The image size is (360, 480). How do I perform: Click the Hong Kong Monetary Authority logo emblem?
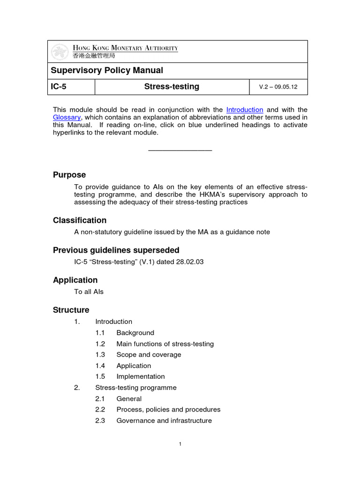pyautogui.click(x=60, y=52)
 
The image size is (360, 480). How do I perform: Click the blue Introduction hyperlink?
pyautogui.click(x=244, y=110)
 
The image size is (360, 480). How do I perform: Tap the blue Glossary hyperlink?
pyautogui.click(x=67, y=117)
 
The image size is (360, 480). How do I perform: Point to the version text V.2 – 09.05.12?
pyautogui.click(x=278, y=87)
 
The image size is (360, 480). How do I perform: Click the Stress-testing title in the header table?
pyautogui.click(x=172, y=87)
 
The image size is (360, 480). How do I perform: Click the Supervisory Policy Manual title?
pyautogui.click(x=107, y=70)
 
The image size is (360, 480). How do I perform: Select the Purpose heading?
pyautogui.click(x=69, y=175)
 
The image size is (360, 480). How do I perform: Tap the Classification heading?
pyautogui.click(x=80, y=220)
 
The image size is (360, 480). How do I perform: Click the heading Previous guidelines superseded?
pyautogui.click(x=116, y=250)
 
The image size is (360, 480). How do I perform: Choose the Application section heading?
pyautogui.click(x=75, y=280)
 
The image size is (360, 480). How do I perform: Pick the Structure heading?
pyautogui.click(x=71, y=310)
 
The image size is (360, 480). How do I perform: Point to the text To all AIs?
pyautogui.click(x=89, y=292)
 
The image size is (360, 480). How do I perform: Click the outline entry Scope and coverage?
pyautogui.click(x=149, y=355)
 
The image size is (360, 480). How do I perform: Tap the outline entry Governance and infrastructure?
pyautogui.click(x=164, y=420)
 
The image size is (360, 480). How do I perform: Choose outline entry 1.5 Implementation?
pyautogui.click(x=140, y=376)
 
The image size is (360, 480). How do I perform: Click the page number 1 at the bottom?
pyautogui.click(x=180, y=445)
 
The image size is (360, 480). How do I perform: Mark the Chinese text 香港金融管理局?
pyautogui.click(x=94, y=56)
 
